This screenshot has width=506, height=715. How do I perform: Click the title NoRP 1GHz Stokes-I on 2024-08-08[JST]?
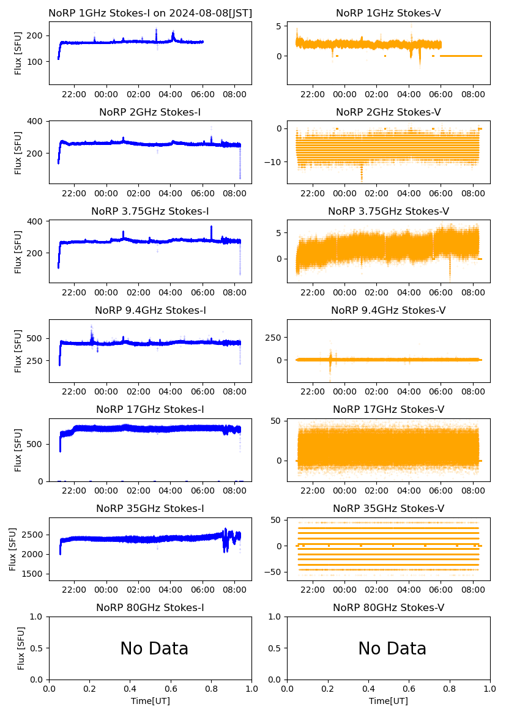pos(150,13)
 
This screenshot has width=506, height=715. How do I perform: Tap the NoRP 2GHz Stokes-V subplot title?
pos(389,112)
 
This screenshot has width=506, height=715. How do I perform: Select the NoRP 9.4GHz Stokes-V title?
pos(389,311)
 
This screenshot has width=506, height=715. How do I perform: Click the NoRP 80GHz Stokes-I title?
pos(150,608)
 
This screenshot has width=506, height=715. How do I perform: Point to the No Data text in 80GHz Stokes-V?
pos(392,648)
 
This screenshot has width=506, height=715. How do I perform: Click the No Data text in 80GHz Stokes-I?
pos(154,648)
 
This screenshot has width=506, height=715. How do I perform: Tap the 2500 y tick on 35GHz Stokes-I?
pos(34,535)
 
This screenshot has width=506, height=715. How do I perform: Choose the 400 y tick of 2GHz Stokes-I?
pos(37,121)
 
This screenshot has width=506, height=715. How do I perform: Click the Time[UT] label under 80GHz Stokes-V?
pos(389,701)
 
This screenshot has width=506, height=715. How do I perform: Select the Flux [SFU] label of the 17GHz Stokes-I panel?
pos(18,450)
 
